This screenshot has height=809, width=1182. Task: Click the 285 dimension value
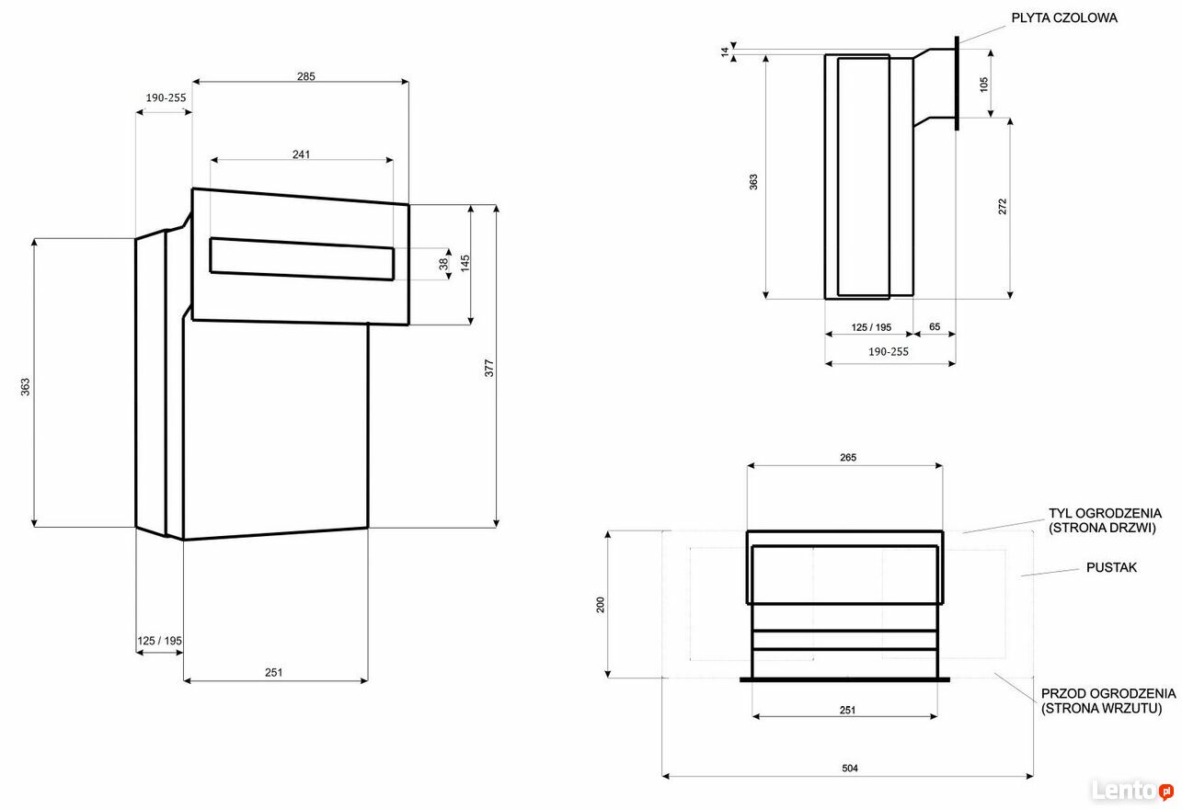coord(305,76)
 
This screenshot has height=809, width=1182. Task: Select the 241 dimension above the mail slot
coord(301,154)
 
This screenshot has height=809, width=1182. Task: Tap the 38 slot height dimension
coord(443,264)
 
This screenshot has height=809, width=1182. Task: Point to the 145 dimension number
coord(465,263)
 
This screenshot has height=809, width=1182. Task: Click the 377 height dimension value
coord(488,368)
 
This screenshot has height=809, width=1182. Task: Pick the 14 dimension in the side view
coord(725,51)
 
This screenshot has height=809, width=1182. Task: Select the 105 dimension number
coord(983,85)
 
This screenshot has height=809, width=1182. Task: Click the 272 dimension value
coord(1002,206)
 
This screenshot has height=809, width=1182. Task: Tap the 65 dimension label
coord(934,326)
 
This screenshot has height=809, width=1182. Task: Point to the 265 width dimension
coord(848,457)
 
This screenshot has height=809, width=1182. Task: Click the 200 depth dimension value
coord(600,604)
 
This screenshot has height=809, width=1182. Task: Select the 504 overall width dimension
coord(850,769)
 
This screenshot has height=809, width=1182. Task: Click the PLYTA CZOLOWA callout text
coord(1063,18)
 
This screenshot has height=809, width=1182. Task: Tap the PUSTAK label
coord(1111,567)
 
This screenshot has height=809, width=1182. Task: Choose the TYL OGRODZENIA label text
coord(1105,513)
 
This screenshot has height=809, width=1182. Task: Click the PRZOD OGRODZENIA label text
coord(1108,693)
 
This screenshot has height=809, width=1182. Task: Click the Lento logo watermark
coord(1132,790)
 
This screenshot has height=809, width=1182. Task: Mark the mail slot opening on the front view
coord(302,259)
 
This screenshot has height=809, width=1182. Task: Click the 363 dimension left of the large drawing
coord(25,386)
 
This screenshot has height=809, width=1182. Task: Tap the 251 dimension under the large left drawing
coord(273,672)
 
